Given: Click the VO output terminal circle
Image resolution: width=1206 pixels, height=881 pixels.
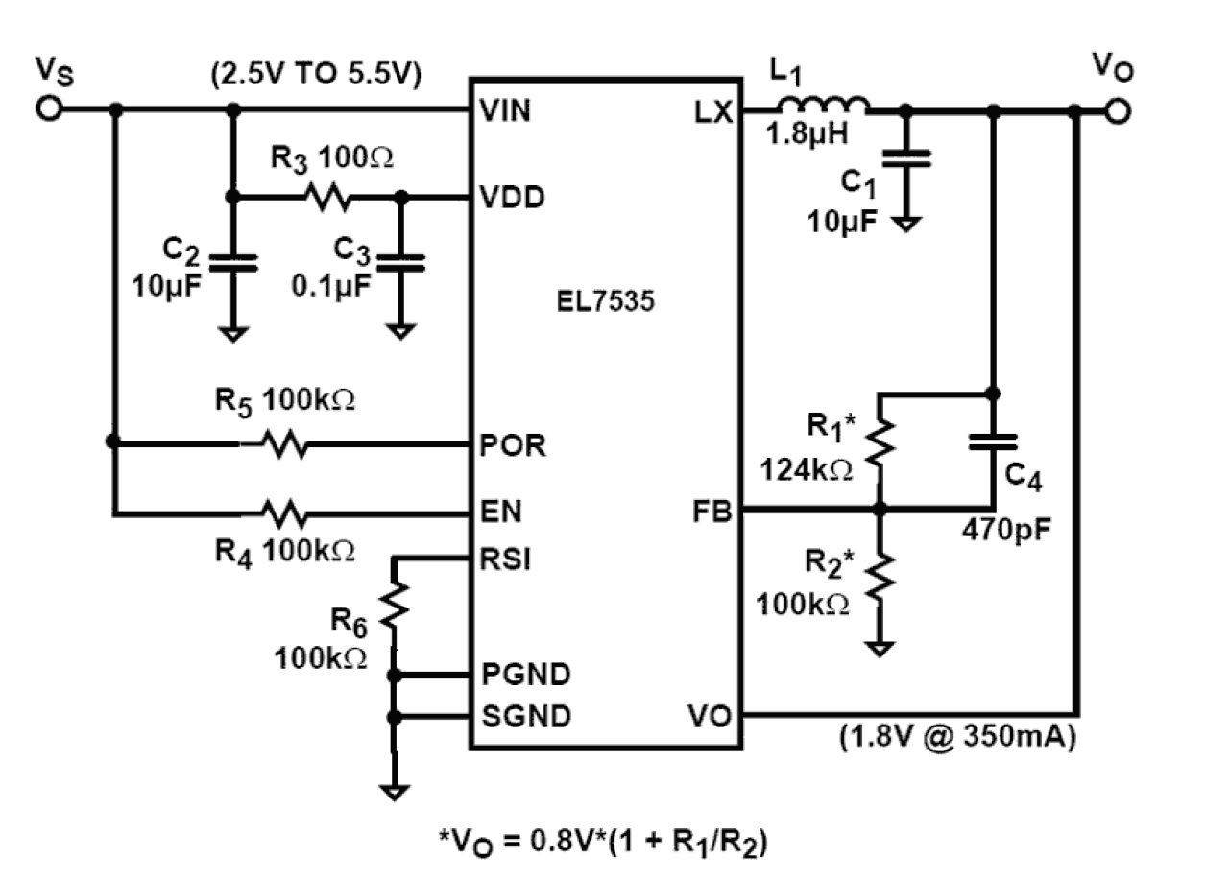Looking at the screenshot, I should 1118,111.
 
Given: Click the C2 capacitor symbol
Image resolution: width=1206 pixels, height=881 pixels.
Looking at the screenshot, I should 231,262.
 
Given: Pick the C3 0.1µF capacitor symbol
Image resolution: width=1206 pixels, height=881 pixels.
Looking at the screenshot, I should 401,262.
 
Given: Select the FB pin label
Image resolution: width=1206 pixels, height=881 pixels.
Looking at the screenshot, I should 712,512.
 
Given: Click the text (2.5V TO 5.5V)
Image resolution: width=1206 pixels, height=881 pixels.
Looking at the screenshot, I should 316,75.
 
